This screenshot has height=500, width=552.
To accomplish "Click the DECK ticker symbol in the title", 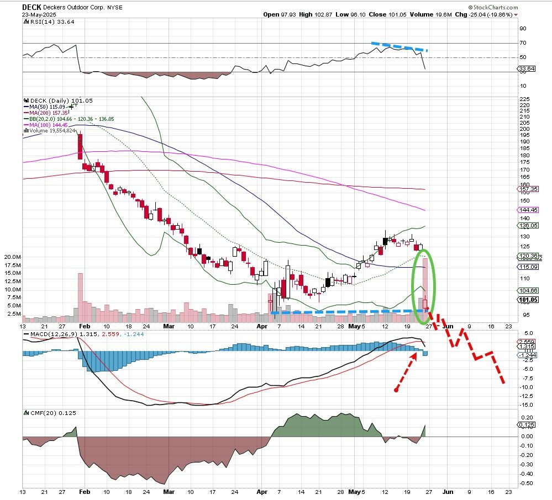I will [x=31, y=7].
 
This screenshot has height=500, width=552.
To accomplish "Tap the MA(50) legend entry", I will [x=45, y=107].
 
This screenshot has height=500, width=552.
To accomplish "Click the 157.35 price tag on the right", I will [x=528, y=189].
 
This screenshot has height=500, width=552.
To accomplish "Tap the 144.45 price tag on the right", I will [x=528, y=210].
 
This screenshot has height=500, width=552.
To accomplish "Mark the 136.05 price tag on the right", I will [x=528, y=225].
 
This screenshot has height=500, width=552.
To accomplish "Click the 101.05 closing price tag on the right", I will [x=528, y=300].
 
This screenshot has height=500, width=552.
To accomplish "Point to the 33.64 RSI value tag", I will [x=527, y=69].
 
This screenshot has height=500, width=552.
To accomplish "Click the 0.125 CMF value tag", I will [x=527, y=424].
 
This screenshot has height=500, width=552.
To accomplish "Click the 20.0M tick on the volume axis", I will [x=12, y=257].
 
